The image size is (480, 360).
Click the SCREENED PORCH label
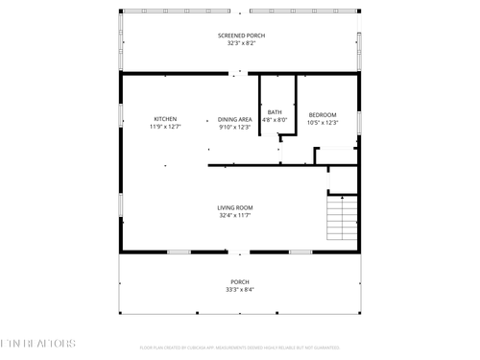coord(240,36)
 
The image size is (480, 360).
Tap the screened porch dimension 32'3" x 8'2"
coord(240,43)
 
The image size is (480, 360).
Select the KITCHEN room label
coord(165,119)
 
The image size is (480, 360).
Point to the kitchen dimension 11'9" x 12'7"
coord(165,127)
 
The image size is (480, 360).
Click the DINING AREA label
coord(234,119)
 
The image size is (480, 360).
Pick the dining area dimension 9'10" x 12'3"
coord(234,127)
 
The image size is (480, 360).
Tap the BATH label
coord(276,112)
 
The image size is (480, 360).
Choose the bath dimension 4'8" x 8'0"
coord(276,120)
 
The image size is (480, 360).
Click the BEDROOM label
coord(323,115)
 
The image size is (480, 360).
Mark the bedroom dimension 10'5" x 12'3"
coord(323,123)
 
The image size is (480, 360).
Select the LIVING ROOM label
coord(234,207)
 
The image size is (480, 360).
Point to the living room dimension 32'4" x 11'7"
coord(234,215)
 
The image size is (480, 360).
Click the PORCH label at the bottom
coord(239,281)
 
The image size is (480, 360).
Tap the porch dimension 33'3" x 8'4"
coord(239,289)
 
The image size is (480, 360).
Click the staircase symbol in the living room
coord(342,217)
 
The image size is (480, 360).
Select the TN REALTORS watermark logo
coord(38,343)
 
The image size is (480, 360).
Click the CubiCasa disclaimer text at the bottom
coord(240,348)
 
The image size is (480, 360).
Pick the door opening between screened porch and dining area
coord(240,73)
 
